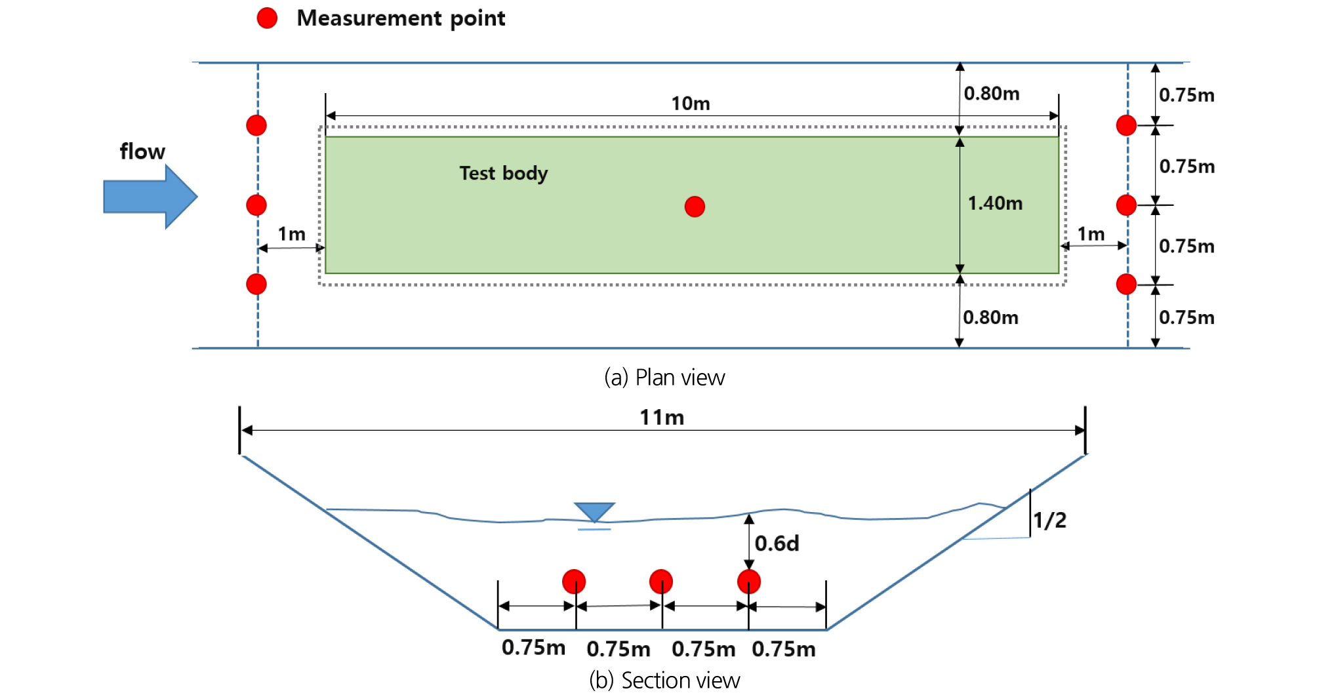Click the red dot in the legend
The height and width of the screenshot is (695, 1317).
(x=267, y=18)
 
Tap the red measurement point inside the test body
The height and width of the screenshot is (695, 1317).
(x=695, y=207)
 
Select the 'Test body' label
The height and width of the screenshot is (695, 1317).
(x=503, y=173)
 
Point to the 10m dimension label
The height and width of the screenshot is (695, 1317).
(x=690, y=104)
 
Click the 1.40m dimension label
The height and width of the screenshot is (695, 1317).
(x=995, y=203)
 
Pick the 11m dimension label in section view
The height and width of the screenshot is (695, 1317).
(x=662, y=418)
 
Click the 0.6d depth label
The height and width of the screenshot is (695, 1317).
(x=777, y=544)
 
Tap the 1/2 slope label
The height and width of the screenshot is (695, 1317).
(x=1049, y=521)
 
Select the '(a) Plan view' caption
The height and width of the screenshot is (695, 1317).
(x=664, y=378)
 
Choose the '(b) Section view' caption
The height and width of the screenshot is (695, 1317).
(x=664, y=681)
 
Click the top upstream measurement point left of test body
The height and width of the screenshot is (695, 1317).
(x=256, y=125)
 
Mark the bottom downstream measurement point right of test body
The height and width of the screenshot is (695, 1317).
(x=1126, y=285)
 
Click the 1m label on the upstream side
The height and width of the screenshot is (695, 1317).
(x=291, y=234)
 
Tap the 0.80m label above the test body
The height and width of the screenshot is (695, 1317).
(x=991, y=94)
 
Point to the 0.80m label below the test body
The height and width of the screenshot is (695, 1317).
(x=990, y=318)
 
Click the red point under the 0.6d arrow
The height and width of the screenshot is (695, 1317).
(x=748, y=582)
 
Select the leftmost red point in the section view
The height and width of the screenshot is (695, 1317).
(x=574, y=582)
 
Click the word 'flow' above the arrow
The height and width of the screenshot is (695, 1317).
(x=142, y=151)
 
